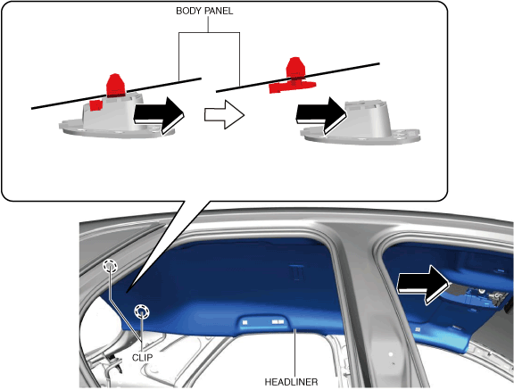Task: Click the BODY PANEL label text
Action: (x=204, y=11)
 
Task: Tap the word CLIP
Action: (x=142, y=357)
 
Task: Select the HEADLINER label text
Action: (x=291, y=382)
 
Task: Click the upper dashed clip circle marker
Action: (x=110, y=267)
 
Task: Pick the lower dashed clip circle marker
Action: (x=141, y=311)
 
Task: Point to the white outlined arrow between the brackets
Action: (x=225, y=114)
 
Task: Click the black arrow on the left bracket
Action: (x=159, y=115)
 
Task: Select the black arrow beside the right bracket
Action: (x=321, y=115)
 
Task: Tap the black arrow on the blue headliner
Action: (x=423, y=285)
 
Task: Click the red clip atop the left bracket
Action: (x=116, y=86)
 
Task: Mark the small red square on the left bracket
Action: (x=96, y=105)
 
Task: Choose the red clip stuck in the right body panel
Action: (x=293, y=76)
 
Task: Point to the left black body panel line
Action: (x=116, y=94)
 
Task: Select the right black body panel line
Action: (x=298, y=78)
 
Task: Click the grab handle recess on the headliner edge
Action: (x=262, y=322)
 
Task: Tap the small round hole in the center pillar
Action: (x=391, y=354)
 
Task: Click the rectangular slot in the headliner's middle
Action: (x=296, y=271)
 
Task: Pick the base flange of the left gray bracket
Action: (x=117, y=129)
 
